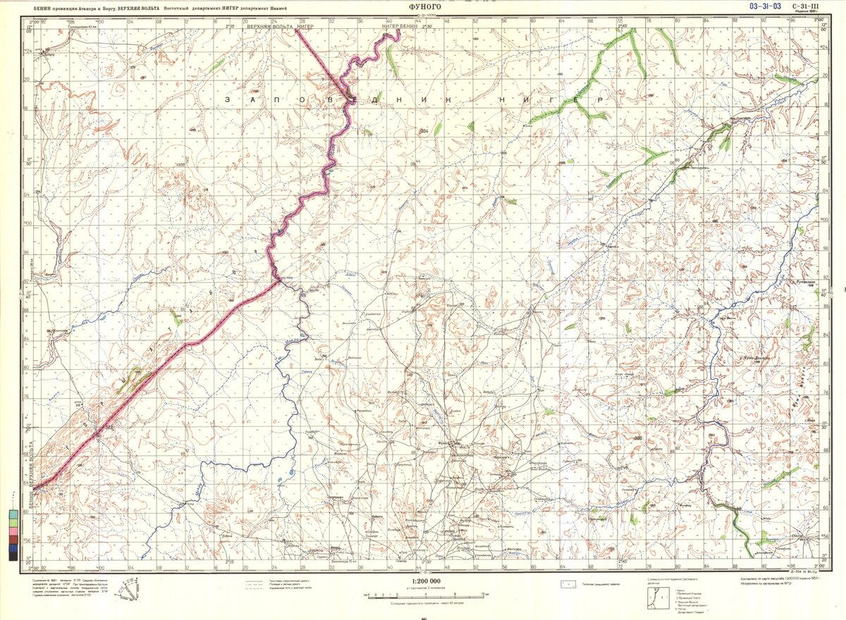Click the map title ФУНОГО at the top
click(x=423, y=6)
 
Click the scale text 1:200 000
click(x=423, y=581)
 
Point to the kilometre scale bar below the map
click(x=423, y=595)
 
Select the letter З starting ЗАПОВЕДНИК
click(x=228, y=100)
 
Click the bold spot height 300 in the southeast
click(x=638, y=439)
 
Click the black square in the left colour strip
click(x=13, y=556)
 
